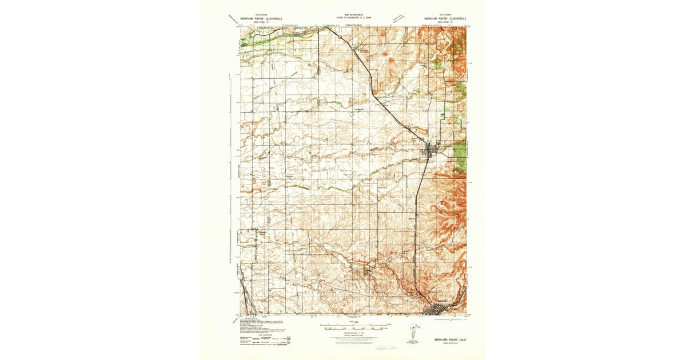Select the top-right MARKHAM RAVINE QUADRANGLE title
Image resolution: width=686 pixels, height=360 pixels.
[444, 18]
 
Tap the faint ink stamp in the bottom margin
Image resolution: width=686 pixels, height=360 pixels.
[384, 346]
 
